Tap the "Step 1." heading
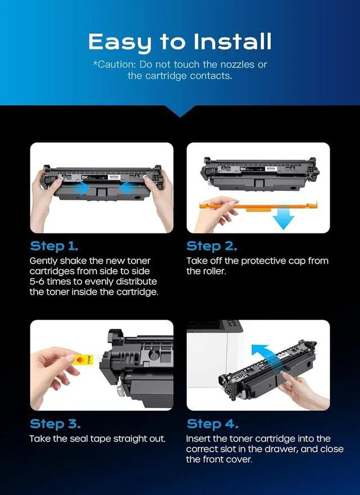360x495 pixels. click(54, 246)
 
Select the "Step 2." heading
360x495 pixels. click(211, 246)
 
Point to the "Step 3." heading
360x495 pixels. click(55, 424)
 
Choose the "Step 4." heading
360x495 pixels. click(212, 424)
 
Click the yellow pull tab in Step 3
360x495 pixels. click(83, 360)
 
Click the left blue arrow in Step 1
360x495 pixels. click(83, 188)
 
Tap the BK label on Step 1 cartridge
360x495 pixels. click(85, 177)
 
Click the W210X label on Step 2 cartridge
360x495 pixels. click(271, 169)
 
